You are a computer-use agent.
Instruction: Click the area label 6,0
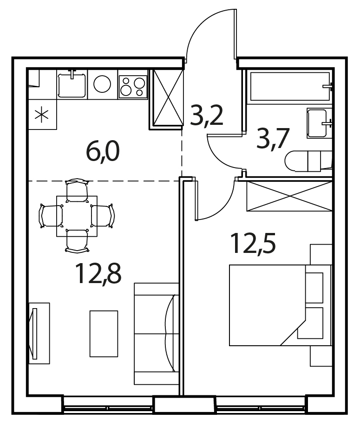tap(103, 152)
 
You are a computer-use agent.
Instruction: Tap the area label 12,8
tap(98, 274)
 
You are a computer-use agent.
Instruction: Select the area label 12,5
tap(253, 243)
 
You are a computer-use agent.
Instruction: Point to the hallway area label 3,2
tap(207, 116)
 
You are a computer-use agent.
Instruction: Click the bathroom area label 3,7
tap(273, 139)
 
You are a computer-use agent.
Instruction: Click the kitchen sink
tap(72, 84)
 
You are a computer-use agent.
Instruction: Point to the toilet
tap(308, 161)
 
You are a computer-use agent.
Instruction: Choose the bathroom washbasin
tap(320, 123)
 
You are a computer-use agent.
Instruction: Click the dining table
tap(77, 216)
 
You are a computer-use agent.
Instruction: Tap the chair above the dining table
tap(78, 190)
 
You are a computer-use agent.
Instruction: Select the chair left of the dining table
tap(51, 216)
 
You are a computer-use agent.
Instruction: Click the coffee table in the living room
tap(104, 334)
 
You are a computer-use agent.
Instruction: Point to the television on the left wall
tap(34, 333)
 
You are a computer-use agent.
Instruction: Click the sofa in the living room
tap(157, 334)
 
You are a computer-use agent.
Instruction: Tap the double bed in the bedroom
tap(280, 305)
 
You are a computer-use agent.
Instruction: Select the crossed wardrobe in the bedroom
tap(289, 196)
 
